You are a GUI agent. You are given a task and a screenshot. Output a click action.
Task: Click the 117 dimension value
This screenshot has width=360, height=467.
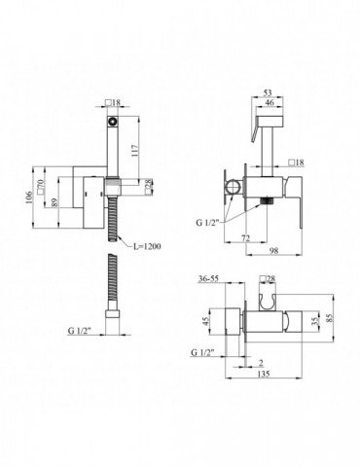pos(135,151)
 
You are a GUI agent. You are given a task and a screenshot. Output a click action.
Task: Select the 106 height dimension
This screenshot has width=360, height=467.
pos(29,197)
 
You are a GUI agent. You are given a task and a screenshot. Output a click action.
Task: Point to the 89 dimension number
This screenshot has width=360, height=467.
pos(54,202)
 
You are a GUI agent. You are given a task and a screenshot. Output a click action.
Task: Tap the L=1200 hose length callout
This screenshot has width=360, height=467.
pos(147,247)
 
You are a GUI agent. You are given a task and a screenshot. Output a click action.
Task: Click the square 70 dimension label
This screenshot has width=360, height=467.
pos(41,187)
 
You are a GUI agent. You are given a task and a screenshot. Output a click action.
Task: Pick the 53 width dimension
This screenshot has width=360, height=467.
pos(268,93)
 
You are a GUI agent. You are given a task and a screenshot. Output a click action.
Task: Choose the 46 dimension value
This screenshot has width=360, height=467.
pos(270,102)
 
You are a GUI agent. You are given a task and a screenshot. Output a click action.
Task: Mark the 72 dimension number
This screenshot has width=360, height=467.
pos(246,238)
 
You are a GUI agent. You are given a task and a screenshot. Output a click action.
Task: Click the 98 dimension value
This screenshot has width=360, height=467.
pos(274,251)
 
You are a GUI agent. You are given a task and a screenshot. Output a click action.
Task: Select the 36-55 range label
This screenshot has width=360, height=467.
pos(208,278)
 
